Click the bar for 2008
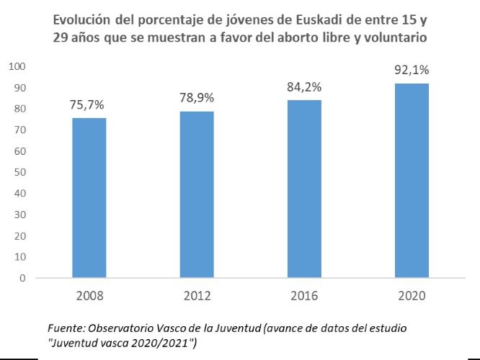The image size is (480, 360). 89,198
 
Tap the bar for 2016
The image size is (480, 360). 304,189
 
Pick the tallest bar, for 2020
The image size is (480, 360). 412,181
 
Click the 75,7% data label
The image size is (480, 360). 89,104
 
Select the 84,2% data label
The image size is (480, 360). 304,87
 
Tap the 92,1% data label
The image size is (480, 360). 412,71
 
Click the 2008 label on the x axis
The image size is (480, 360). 89,295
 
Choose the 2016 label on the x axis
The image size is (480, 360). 304,295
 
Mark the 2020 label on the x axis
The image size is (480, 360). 412,295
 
